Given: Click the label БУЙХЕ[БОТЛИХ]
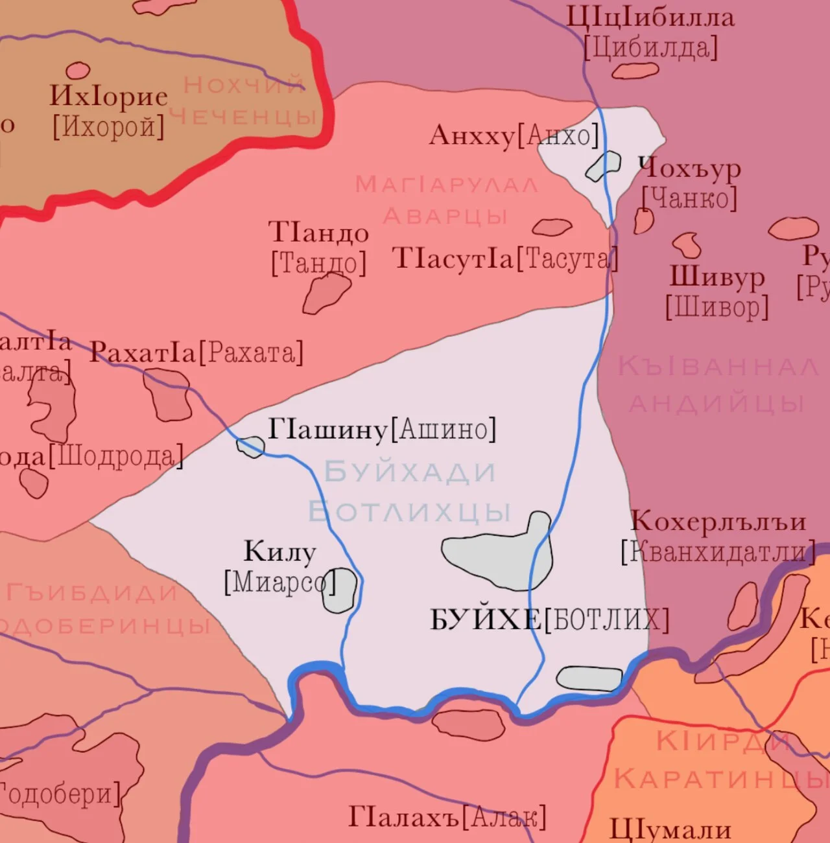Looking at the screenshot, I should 549,620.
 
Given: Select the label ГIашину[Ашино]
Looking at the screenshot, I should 382,429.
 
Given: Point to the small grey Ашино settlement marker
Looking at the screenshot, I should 250,446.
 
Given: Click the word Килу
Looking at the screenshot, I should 279,551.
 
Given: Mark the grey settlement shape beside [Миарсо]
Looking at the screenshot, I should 340,590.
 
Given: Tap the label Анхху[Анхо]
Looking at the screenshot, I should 513,135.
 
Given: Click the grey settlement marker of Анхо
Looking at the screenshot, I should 603,166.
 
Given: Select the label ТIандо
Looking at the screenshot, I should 318,232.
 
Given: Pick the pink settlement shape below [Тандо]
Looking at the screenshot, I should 326,293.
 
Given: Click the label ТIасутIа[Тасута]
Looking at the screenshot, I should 505,259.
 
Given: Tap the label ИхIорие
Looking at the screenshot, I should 108,97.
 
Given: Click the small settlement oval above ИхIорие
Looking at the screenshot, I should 78,70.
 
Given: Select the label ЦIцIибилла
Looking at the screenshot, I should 650,17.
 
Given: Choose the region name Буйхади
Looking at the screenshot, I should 410,472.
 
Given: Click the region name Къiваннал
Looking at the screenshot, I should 718,366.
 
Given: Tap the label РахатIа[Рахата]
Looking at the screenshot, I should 196,352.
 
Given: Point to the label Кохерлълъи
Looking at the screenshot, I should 718,522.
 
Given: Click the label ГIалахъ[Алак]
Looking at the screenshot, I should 447,817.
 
